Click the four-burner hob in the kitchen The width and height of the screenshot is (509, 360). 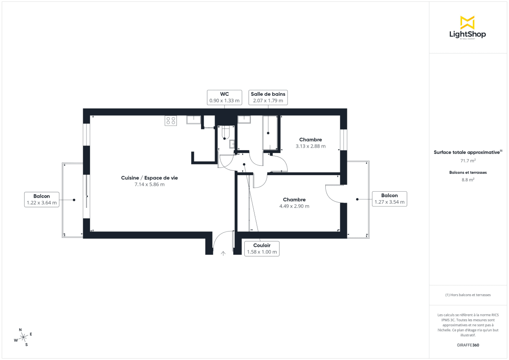171,120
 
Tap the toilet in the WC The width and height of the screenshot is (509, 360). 225,132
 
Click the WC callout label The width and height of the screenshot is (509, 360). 224,97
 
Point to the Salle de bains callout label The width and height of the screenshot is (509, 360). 268,97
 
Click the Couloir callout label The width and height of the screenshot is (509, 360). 262,248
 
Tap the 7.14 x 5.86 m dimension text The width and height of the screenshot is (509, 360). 149,184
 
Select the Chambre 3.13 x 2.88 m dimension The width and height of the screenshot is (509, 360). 310,146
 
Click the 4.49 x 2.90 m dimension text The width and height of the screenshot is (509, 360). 294,207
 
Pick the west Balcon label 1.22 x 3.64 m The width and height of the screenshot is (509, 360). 42,199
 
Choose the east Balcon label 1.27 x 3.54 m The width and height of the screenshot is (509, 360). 389,199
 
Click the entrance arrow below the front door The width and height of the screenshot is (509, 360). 224,253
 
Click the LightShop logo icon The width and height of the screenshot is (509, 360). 467,22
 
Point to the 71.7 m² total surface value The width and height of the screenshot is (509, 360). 468,161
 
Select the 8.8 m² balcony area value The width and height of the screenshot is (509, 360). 468,179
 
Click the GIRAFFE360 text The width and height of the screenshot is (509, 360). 468,345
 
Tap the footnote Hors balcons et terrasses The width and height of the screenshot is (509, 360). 468,295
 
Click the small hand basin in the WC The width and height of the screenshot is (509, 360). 232,144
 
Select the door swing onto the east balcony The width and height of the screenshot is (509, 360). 333,194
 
